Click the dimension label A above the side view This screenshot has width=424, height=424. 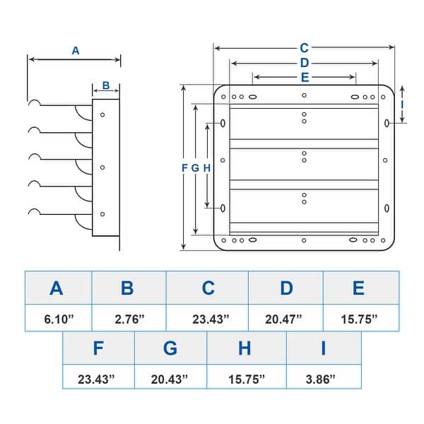coord(76,50)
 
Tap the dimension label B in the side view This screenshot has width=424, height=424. coord(106,86)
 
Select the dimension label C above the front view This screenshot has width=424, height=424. coord(304,48)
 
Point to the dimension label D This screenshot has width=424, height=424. coord(304,63)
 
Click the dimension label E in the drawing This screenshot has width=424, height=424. coord(304,77)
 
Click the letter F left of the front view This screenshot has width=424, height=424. coord(185,167)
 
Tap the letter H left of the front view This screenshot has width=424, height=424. coord(207,167)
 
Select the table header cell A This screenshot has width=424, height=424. coord(57,288)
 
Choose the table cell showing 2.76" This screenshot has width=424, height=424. coord(128,319)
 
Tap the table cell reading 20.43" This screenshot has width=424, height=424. coord(170,379)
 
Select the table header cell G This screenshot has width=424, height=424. coord(170,348)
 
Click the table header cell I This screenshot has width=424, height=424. coord(323,348)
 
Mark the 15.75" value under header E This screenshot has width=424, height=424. coord(360,319)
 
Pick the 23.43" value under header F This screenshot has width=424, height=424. coord(98,379)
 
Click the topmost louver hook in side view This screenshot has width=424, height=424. coord(34,104)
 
